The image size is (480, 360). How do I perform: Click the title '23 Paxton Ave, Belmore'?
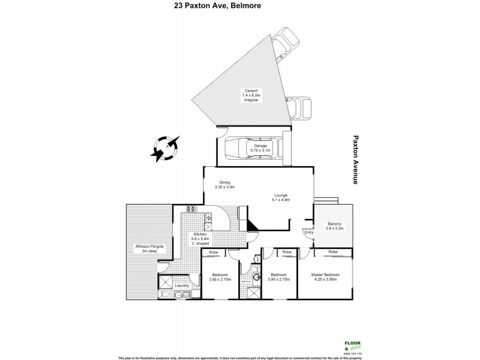pyautogui.click(x=239, y=7)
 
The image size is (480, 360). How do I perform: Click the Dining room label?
pyautogui.click(x=224, y=185)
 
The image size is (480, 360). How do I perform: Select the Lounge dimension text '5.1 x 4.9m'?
pyautogui.click(x=281, y=200)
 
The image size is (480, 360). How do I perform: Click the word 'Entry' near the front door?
pyautogui.click(x=308, y=232)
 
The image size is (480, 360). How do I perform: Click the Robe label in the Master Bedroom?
pyautogui.click(x=332, y=252)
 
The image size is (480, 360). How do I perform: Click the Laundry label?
pyautogui.click(x=182, y=286)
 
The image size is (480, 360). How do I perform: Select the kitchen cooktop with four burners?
pyautogui.click(x=192, y=209)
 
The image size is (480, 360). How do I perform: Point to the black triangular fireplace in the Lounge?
pyautogui.click(x=251, y=226)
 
